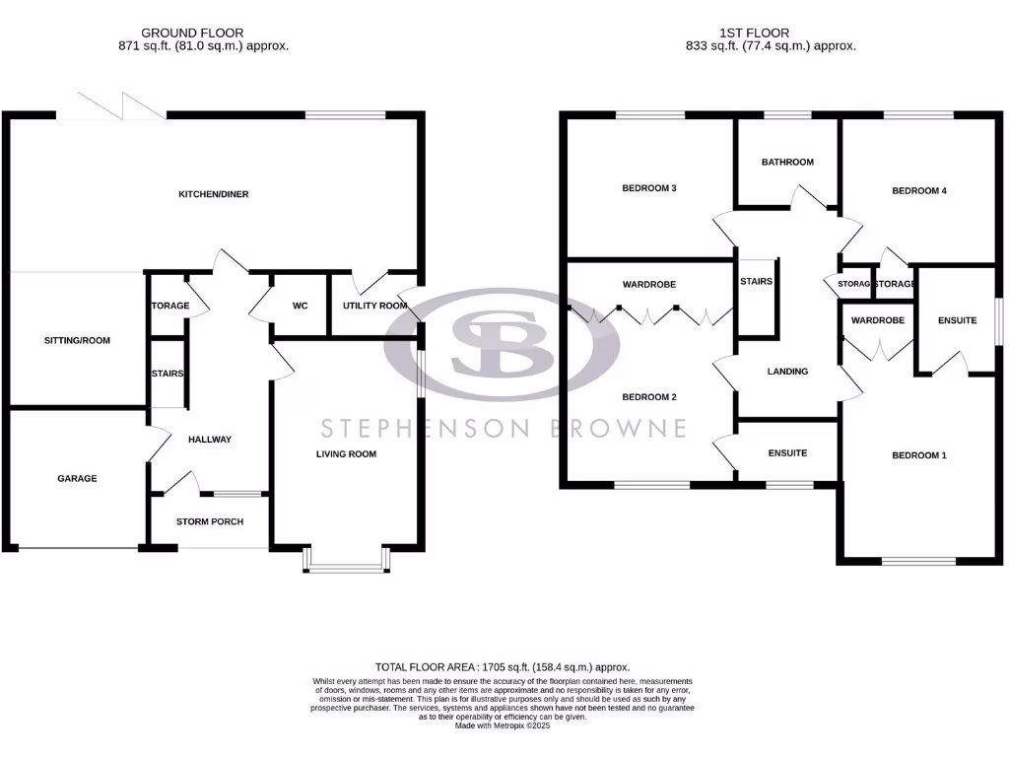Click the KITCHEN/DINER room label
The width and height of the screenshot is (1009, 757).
click(213, 194)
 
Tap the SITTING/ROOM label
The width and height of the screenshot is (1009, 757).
click(77, 340)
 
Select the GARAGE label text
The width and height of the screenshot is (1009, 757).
click(77, 478)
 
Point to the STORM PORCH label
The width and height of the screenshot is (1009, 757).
click(209, 521)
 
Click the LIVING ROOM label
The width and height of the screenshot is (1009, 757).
click(346, 453)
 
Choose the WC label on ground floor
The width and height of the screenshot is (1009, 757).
click(301, 306)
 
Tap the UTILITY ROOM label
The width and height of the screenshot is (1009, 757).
click(374, 306)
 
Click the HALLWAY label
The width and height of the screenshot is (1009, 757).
click(209, 440)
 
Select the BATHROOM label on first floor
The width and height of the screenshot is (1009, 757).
click(788, 162)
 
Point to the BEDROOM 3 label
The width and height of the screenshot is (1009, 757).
click(648, 187)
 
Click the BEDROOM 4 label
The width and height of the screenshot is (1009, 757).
click(918, 191)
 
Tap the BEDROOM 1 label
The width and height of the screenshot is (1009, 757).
click(918, 455)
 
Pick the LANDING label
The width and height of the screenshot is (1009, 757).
click(787, 372)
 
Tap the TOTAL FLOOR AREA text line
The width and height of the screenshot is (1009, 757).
click(503, 667)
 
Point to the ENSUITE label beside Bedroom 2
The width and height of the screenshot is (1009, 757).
click(787, 453)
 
